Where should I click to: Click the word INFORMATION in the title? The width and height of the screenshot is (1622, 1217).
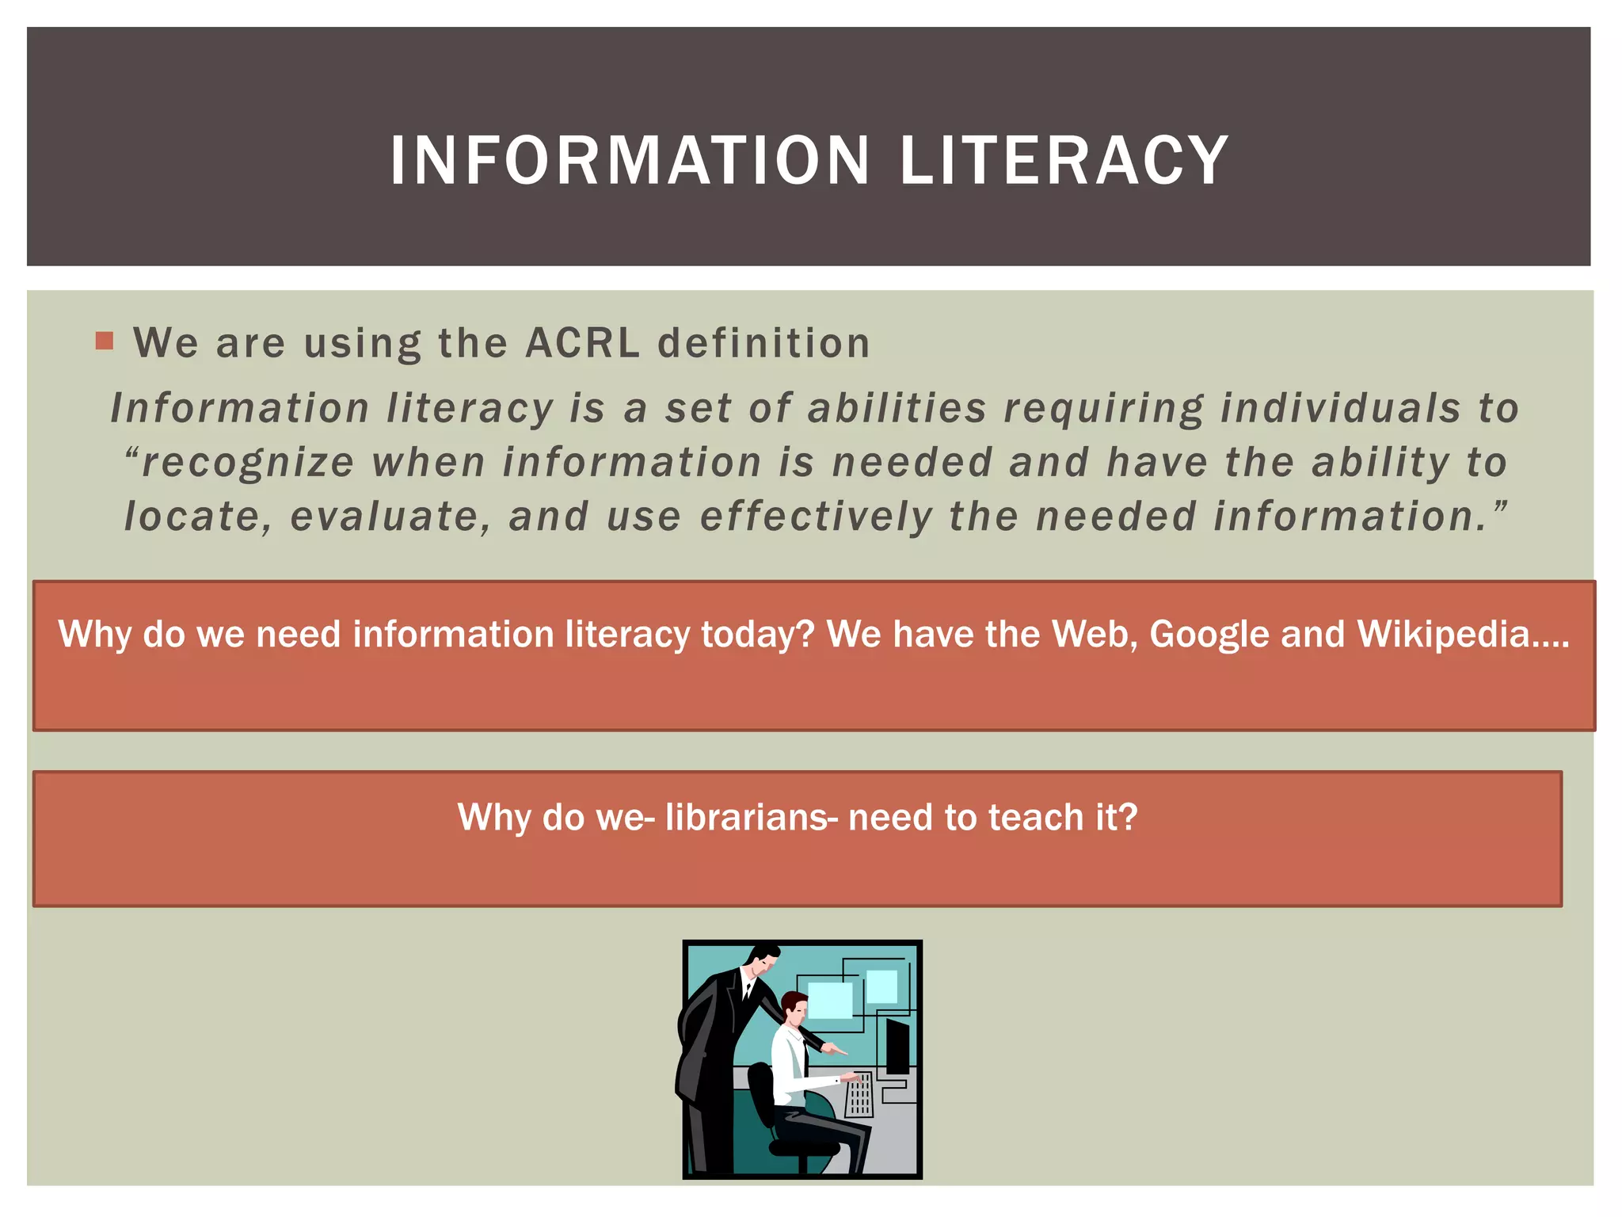(x=630, y=161)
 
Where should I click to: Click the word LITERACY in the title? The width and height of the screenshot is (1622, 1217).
(x=1064, y=161)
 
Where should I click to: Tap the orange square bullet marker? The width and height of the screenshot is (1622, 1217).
(x=105, y=341)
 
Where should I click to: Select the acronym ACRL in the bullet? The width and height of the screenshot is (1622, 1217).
(x=582, y=343)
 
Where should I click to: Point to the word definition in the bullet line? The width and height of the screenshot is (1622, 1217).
(x=763, y=343)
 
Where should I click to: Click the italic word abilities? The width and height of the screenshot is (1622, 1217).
(x=897, y=409)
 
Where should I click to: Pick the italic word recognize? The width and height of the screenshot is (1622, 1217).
(x=247, y=463)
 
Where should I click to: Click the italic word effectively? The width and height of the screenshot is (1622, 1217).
(x=817, y=517)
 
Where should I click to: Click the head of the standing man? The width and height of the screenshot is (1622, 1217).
(x=763, y=960)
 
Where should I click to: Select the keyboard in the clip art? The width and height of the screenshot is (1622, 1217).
(x=860, y=1093)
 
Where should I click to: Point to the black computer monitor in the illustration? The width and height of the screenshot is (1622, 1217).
(x=897, y=1046)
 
